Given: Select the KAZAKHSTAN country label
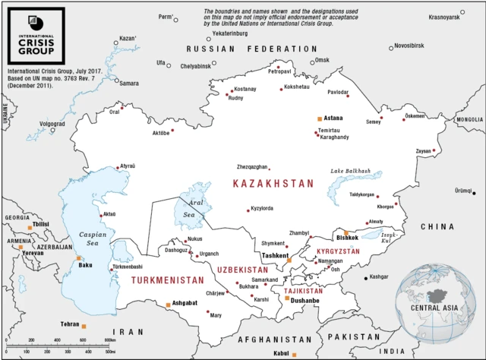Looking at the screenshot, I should coord(273,184).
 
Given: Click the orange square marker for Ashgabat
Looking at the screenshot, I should coord(167,305).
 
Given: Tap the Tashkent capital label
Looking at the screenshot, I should coord(274,256).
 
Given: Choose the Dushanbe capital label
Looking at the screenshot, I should coord(304,302).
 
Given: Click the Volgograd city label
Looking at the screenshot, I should coord(52,124).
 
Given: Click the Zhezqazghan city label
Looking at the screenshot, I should coord(252,166).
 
